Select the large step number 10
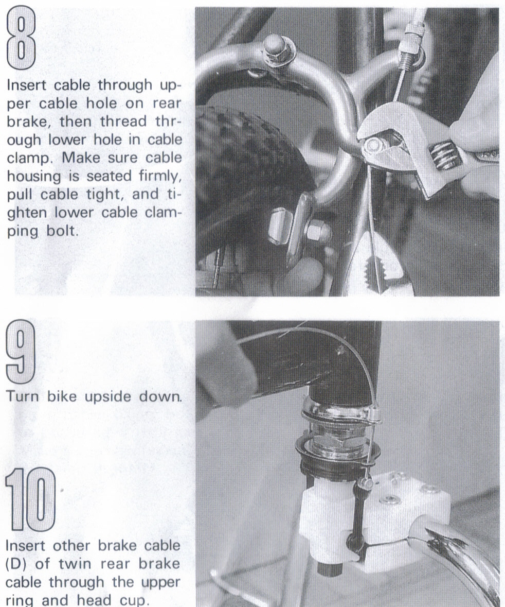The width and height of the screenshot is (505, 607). coord(30,498)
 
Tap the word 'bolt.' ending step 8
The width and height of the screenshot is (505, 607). coord(62,231)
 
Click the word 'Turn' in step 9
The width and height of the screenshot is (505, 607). coord(22,397)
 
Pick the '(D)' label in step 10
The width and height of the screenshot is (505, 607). coord(16,564)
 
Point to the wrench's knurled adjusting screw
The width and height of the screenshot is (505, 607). coord(443,154)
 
